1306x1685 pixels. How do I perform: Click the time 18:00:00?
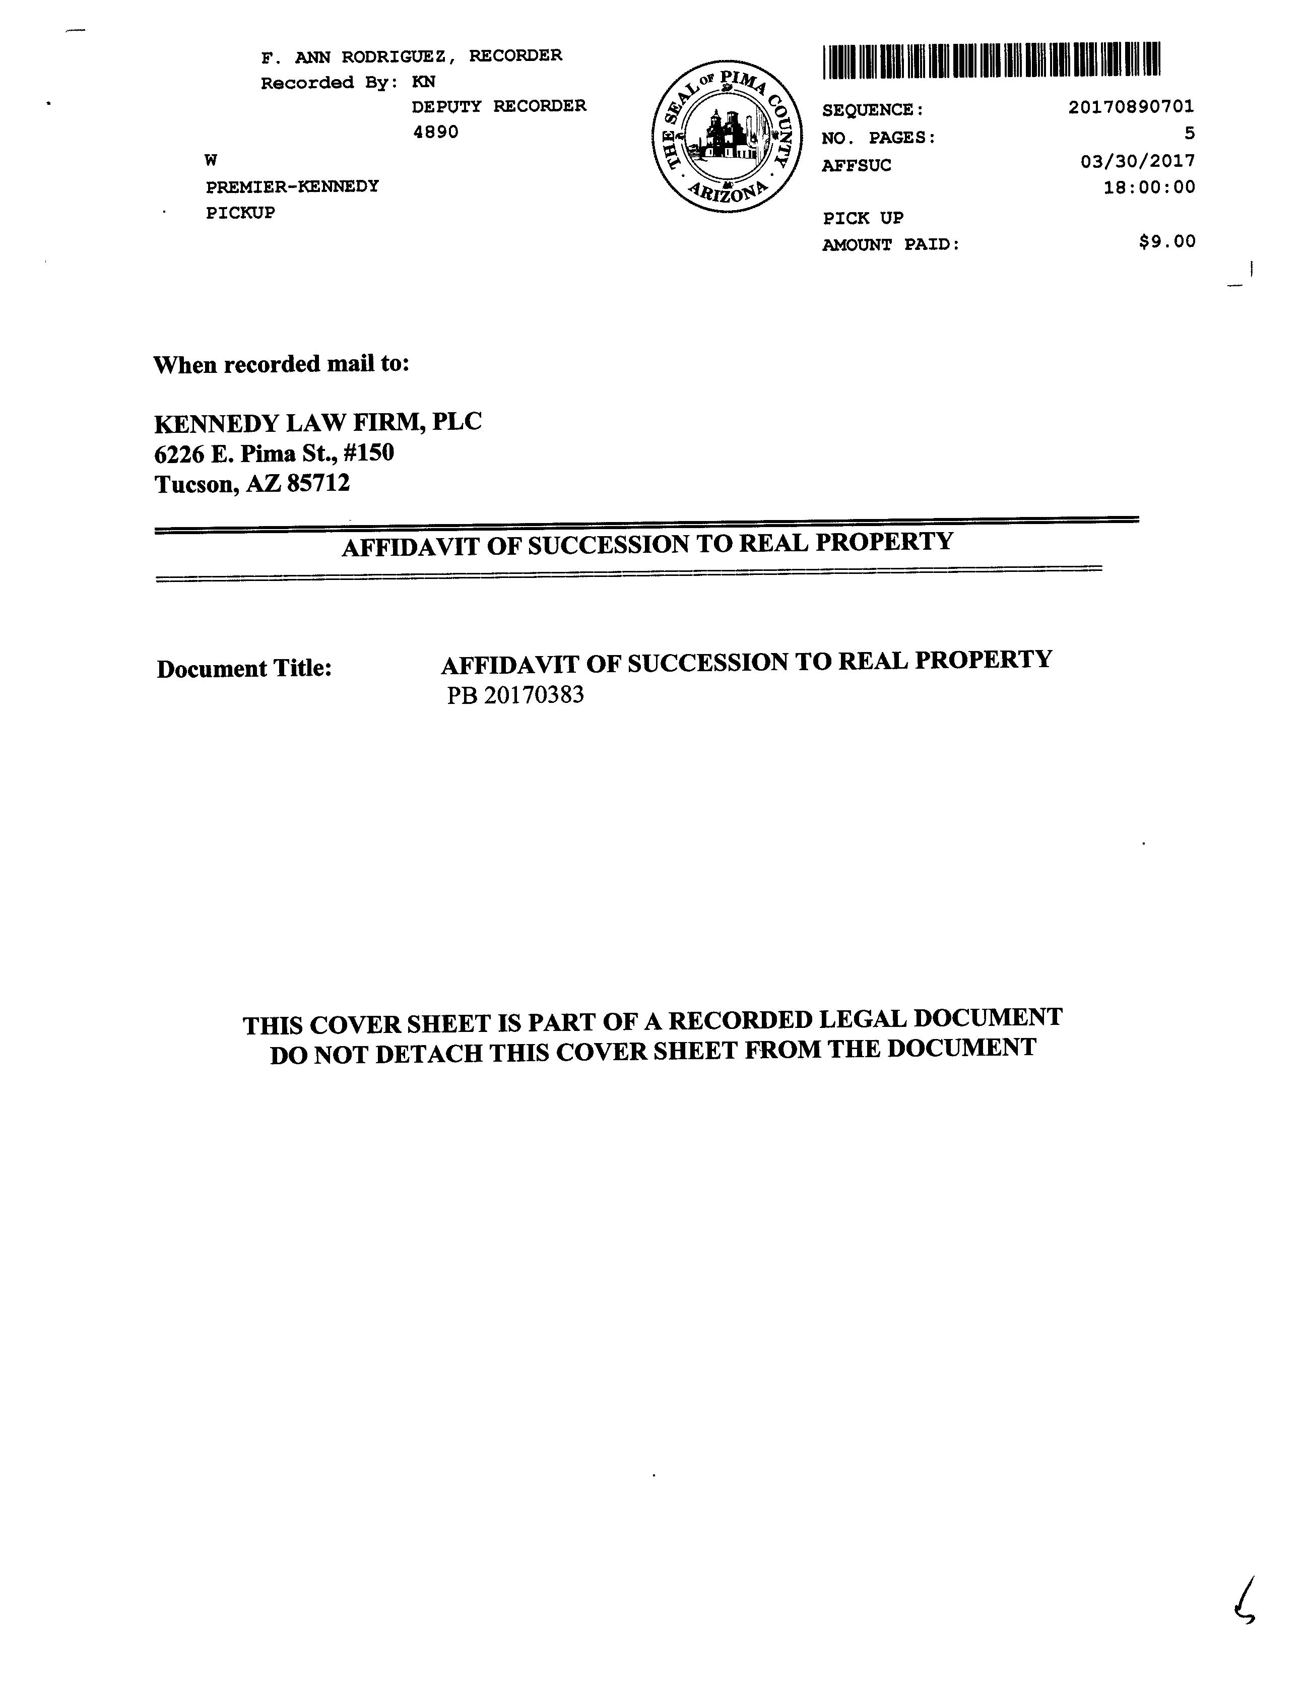[x=1149, y=187]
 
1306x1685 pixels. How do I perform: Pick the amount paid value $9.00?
[x=1166, y=241]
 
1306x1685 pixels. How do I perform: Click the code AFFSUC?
[x=856, y=165]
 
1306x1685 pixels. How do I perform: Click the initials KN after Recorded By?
[x=424, y=82]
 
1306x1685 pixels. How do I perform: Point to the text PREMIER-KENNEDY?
[x=292, y=186]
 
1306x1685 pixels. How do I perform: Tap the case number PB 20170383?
[x=515, y=695]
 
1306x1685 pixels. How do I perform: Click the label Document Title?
[x=244, y=668]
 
